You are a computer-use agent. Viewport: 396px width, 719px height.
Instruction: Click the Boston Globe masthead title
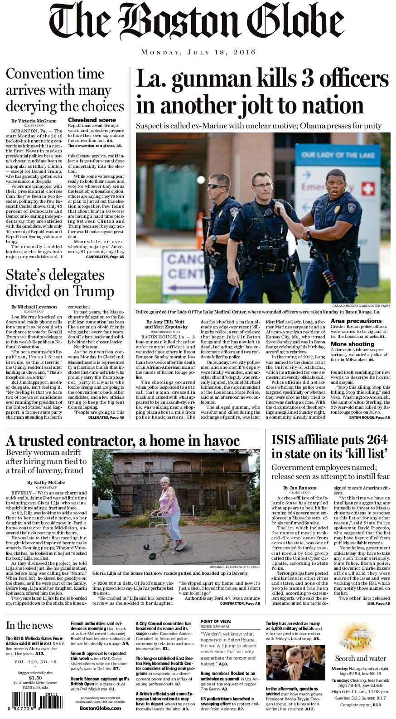pyautogui.click(x=198, y=23)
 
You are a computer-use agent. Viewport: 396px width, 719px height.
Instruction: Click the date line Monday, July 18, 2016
pyautogui.click(x=198, y=52)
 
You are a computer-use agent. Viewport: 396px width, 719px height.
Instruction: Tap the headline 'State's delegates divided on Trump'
pyautogui.click(x=60, y=283)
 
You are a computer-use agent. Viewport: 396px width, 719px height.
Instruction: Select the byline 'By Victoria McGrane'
pyautogui.click(x=34, y=121)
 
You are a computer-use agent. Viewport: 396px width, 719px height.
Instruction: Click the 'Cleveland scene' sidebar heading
pyautogui.click(x=86, y=120)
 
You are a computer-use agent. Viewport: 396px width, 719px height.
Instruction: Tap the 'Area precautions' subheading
pyautogui.click(x=356, y=321)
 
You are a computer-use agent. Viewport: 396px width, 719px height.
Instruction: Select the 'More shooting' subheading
pyautogui.click(x=353, y=344)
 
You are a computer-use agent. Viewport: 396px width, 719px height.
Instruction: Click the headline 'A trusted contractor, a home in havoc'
pyautogui.click(x=122, y=440)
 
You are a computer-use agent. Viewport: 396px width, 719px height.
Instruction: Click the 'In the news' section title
pyautogui.click(x=29, y=625)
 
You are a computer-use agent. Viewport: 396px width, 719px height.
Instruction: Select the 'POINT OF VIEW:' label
pyautogui.click(x=216, y=621)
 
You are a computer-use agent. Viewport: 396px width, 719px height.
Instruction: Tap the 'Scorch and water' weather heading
pyautogui.click(x=361, y=658)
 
